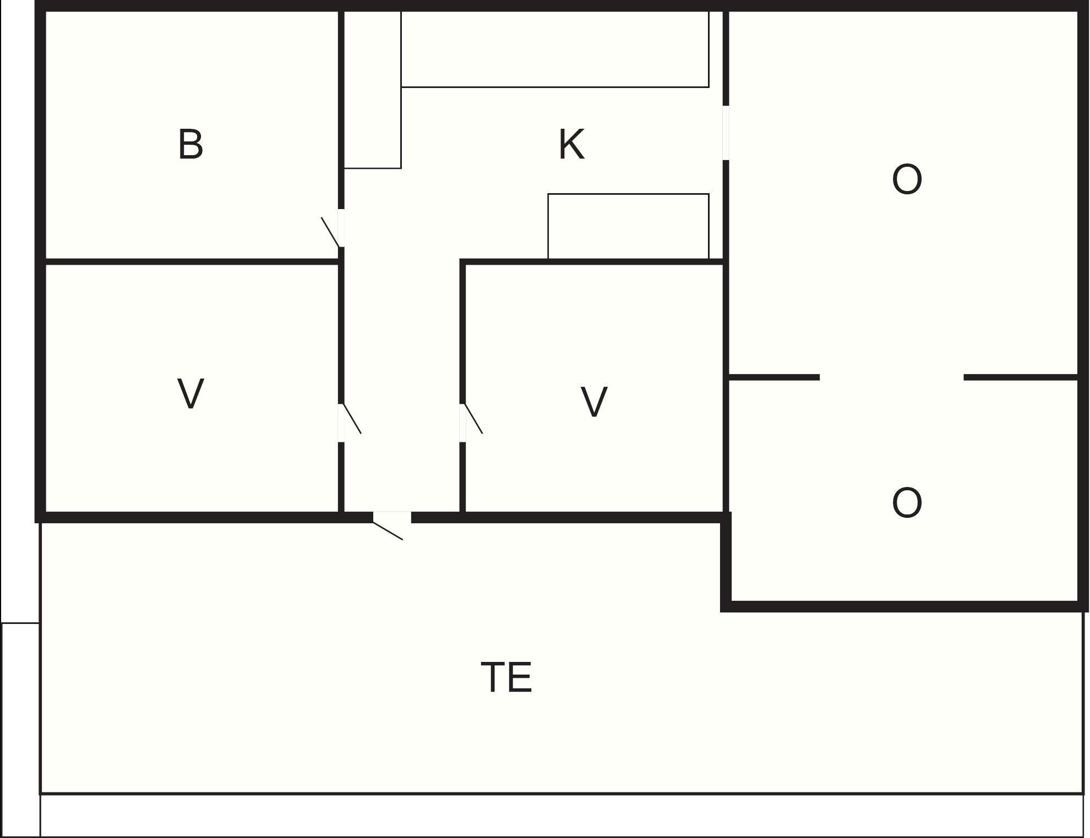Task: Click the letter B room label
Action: (190, 144)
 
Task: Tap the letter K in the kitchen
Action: (571, 144)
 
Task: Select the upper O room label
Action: (907, 179)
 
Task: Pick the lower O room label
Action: (907, 502)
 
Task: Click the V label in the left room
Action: (190, 393)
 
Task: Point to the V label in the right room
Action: (594, 402)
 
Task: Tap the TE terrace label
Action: (506, 677)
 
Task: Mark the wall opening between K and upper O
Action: (726, 133)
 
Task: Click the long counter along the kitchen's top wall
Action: (555, 48)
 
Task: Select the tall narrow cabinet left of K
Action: (372, 89)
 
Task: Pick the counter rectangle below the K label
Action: (628, 226)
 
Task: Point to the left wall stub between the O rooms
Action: (774, 377)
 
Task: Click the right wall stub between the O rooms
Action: (1021, 377)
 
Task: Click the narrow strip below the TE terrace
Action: (562, 815)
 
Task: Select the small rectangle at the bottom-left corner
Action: (20, 730)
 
